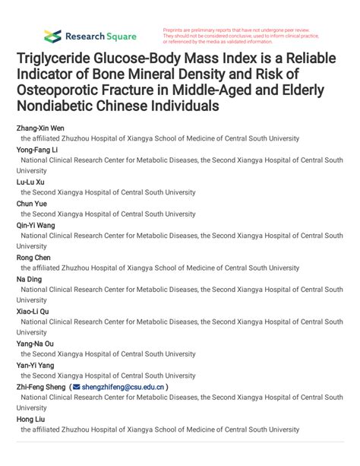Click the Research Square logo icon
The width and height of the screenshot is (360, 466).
click(52, 36)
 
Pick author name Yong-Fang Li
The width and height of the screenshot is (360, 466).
click(38, 150)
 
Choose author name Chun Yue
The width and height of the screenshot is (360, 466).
click(33, 203)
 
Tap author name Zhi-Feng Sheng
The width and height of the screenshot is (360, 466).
click(41, 386)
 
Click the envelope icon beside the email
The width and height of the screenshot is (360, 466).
click(76, 386)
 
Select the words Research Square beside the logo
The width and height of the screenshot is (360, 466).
click(101, 36)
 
